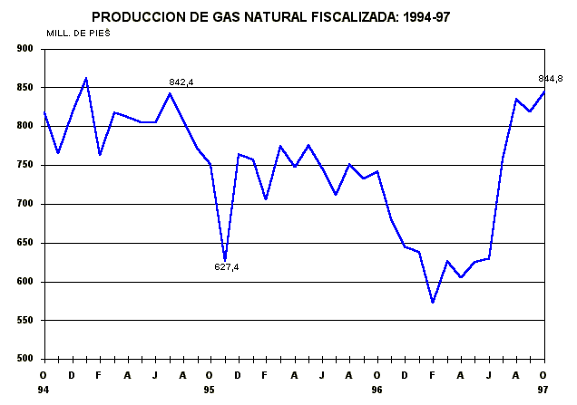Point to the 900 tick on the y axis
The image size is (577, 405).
click(24, 48)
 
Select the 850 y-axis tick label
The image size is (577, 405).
click(24, 87)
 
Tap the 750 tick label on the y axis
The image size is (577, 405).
click(24, 165)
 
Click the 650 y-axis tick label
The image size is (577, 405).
click(24, 243)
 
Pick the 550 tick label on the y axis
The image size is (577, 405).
click(24, 321)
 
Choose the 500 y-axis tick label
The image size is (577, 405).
click(24, 360)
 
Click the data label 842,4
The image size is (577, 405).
click(181, 82)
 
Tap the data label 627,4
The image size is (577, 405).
click(226, 266)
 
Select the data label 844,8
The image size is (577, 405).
click(551, 79)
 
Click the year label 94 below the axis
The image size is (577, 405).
click(43, 390)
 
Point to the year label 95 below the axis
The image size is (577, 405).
click(210, 390)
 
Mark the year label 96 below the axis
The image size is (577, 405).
click(377, 390)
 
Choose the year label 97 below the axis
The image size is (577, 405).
click(543, 390)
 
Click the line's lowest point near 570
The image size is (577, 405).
click(433, 303)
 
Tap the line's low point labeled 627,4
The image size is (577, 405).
click(224, 259)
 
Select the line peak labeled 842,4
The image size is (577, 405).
click(170, 93)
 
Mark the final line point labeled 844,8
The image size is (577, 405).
click(543, 92)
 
